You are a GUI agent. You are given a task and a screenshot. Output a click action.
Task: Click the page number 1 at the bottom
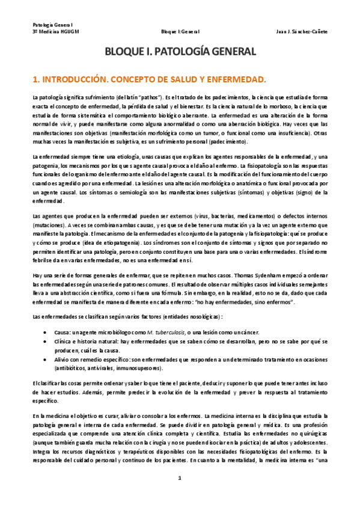pos(180,478)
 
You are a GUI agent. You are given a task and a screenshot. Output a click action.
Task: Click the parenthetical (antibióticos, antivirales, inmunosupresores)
pos(113,368)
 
